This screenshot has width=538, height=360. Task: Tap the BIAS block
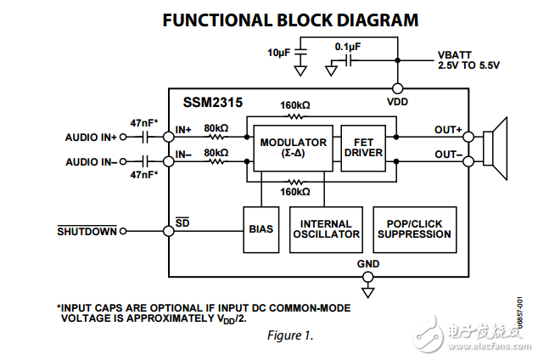click(x=261, y=228)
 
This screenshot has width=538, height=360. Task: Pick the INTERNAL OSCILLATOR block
click(x=326, y=228)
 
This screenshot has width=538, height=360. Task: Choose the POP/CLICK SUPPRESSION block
click(x=414, y=228)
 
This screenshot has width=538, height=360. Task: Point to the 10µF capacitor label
click(x=279, y=53)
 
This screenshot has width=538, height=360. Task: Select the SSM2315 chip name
click(x=213, y=103)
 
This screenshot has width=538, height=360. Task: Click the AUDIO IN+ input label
click(x=91, y=137)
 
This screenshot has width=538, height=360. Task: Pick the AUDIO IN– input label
click(x=91, y=160)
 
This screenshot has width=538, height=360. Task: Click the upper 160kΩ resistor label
click(x=294, y=105)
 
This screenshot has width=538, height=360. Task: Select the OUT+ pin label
click(x=448, y=130)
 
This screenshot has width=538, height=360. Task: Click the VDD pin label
click(x=397, y=101)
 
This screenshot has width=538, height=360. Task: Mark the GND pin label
click(x=368, y=264)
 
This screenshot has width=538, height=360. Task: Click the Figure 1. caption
click(x=290, y=335)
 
